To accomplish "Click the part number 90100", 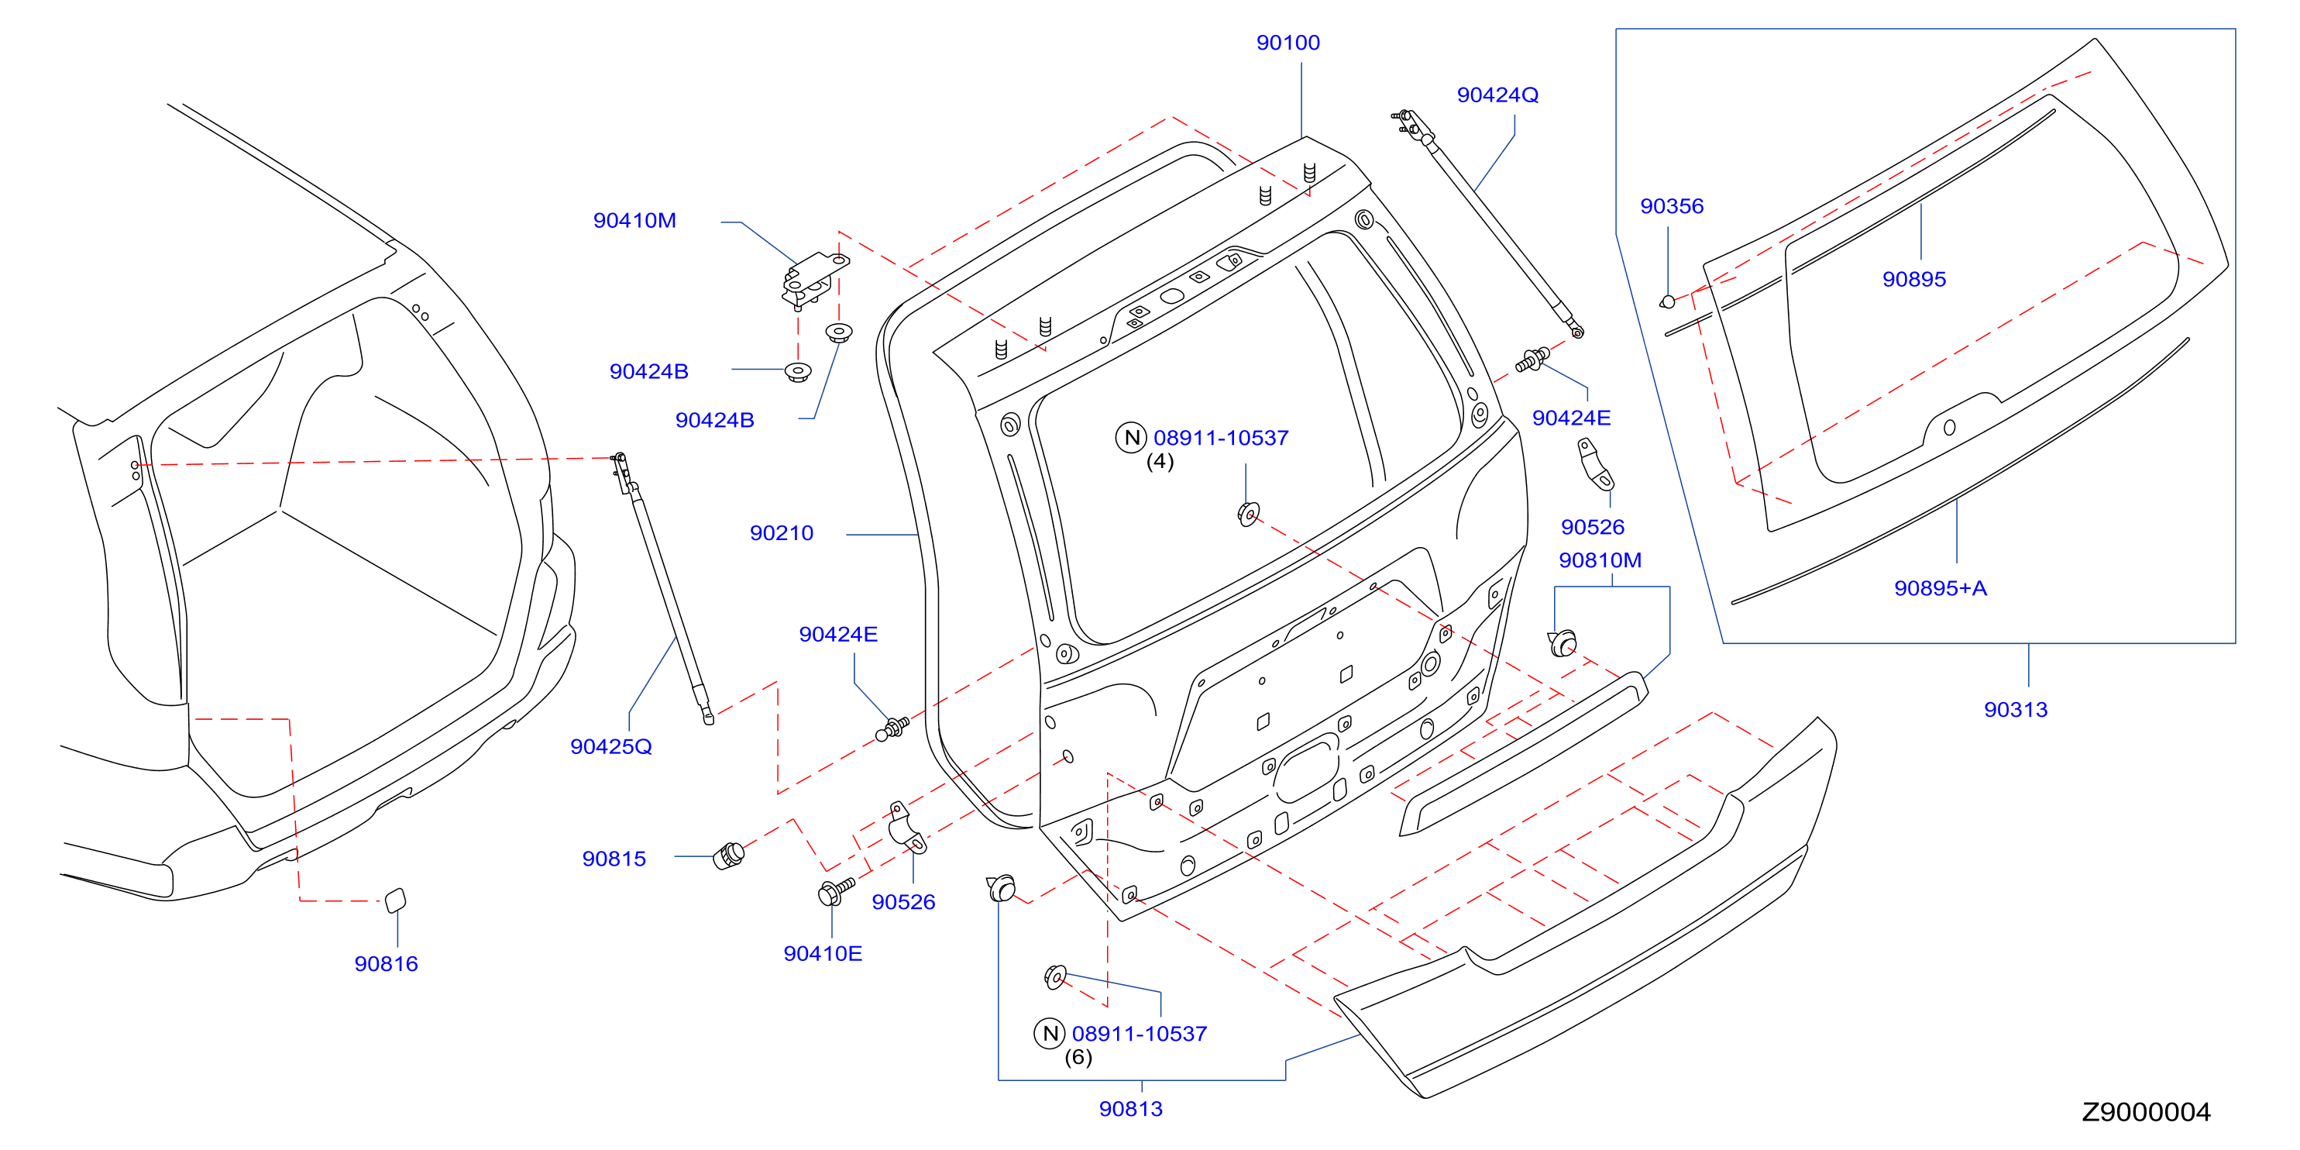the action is pos(1288,43).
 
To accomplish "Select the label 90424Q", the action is pos(1497,95).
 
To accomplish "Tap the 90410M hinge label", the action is pos(634,221).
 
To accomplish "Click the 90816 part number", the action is pos(386,963).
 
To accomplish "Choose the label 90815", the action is pos(614,858).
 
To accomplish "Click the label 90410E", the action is pos(823,954).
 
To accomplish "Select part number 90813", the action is pos(1130,1108).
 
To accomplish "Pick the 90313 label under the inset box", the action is pos(2015,709).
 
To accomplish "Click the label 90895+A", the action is pos(1941,587).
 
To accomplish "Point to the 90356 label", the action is pos(1672,206).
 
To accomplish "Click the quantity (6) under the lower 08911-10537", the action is pos(1078,1057).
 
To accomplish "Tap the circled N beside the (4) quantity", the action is pos(1131,438).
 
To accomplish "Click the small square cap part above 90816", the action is pos(394,900).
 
